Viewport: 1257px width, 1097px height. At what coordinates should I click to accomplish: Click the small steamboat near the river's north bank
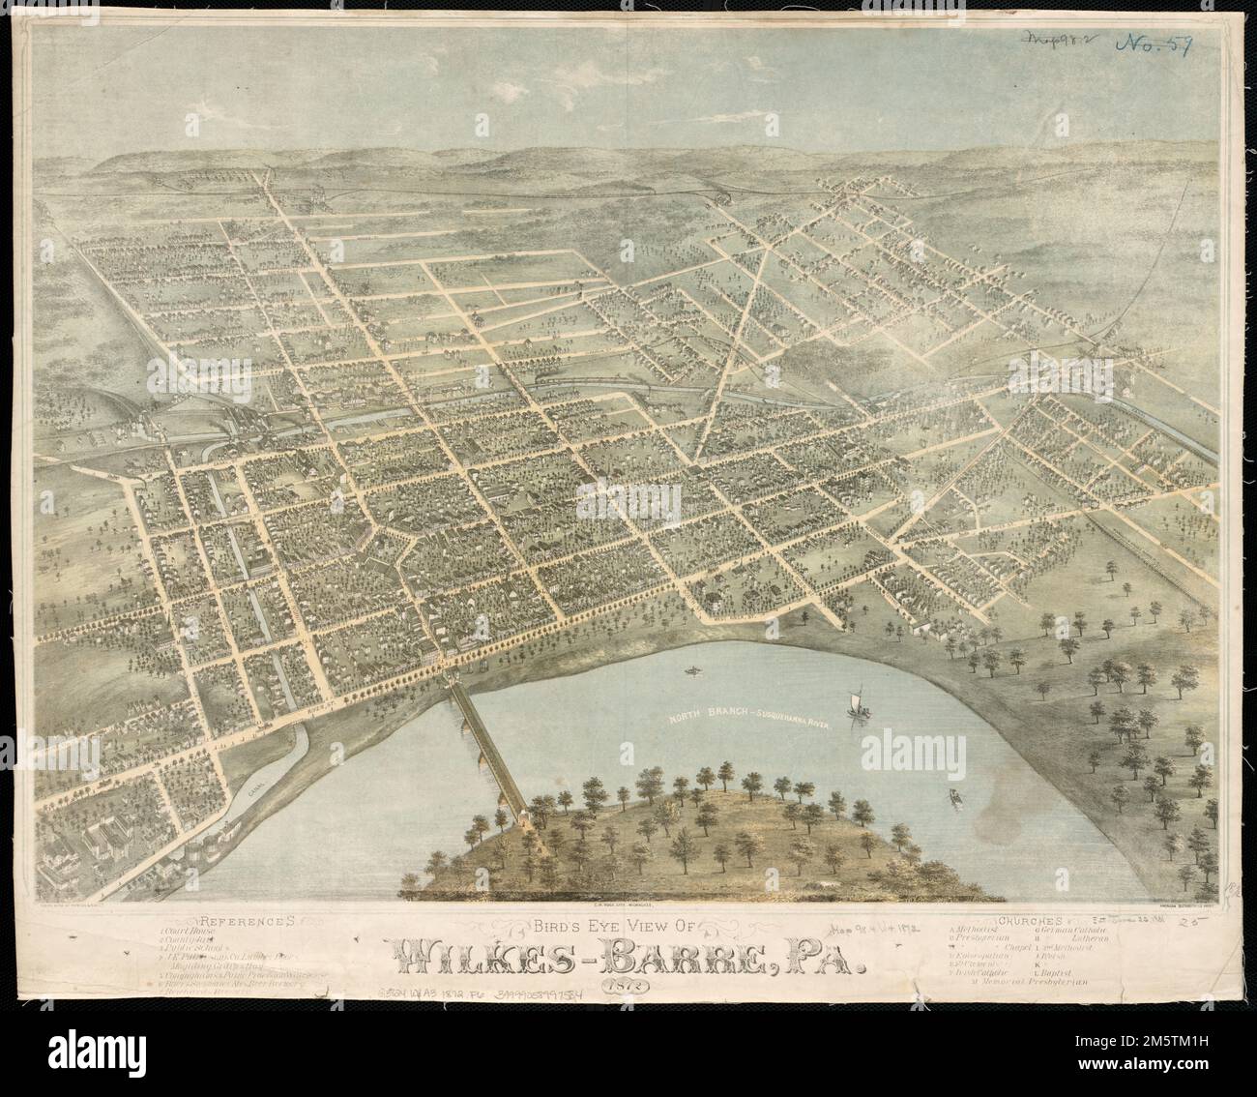pos(692,669)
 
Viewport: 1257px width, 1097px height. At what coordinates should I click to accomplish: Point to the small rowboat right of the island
pos(955,797)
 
